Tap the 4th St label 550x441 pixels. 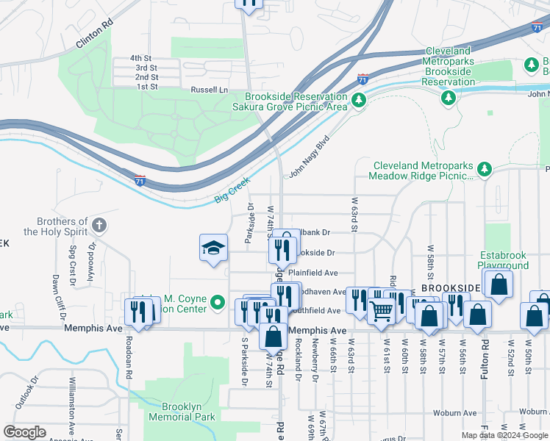140,58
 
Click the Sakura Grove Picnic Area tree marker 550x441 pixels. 359,100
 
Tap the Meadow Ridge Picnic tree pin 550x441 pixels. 485,171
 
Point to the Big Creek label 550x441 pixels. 232,190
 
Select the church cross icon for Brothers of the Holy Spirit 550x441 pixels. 100,223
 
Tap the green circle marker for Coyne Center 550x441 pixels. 217,302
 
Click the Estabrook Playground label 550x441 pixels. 504,260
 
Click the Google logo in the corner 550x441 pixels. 24,432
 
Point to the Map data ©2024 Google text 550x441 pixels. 504,435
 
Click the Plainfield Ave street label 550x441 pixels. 312,272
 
